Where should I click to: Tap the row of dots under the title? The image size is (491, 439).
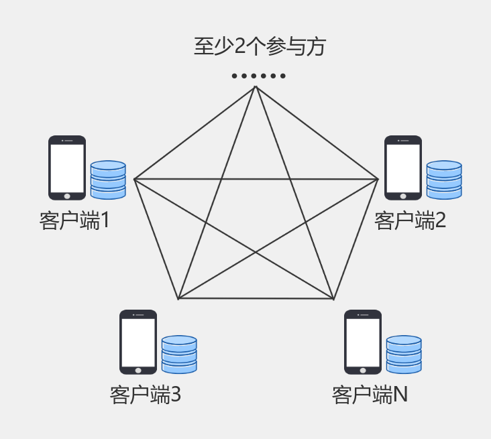click(x=259, y=76)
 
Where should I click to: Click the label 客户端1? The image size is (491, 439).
click(x=74, y=221)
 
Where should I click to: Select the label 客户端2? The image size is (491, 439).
click(x=410, y=221)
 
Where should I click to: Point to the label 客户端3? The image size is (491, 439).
click(x=146, y=395)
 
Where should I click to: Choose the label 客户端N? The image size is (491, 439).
click(x=370, y=395)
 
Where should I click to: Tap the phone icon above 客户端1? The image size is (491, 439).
click(x=67, y=168)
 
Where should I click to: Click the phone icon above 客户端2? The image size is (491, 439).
click(x=403, y=168)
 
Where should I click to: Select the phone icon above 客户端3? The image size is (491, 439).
click(x=138, y=342)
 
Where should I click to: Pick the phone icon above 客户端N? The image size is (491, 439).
click(x=363, y=342)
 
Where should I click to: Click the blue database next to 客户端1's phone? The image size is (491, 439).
click(x=108, y=180)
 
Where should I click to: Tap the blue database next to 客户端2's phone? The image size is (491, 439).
click(x=444, y=180)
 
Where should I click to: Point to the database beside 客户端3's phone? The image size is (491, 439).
click(x=179, y=354)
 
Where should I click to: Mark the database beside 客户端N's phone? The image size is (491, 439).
click(x=404, y=354)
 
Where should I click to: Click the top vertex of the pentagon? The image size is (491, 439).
click(x=256, y=86)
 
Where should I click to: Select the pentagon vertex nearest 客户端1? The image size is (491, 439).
click(x=134, y=179)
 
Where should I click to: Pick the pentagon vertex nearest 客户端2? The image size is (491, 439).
click(x=378, y=179)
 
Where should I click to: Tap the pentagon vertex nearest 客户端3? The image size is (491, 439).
click(x=178, y=298)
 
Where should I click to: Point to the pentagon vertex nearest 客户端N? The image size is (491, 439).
click(x=333, y=298)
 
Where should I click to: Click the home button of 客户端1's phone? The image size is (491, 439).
click(x=67, y=196)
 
